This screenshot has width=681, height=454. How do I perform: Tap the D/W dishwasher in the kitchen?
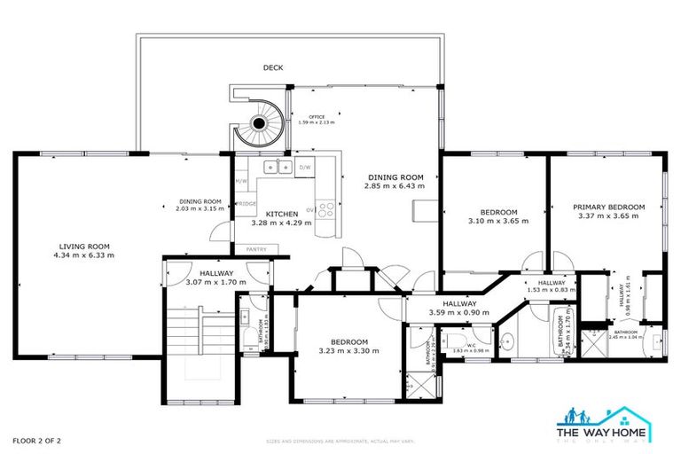coord(304,167)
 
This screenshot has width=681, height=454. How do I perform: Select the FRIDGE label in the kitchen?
coord(247,204)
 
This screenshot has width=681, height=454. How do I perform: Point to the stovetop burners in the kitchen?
coord(325,210)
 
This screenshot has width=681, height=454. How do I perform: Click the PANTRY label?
coord(257,249)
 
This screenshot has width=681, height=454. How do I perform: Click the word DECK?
coord(273,67)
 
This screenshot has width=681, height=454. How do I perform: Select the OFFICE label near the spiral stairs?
coord(317,117)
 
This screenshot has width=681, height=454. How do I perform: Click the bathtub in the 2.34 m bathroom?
coord(563,336)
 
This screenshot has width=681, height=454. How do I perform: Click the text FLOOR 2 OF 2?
coord(36,440)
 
